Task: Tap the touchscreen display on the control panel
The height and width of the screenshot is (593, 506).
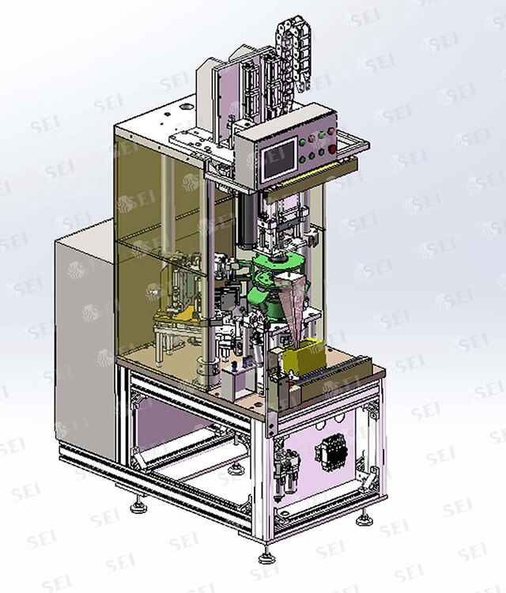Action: click(x=280, y=159)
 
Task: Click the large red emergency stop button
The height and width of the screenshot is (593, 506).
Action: click(x=332, y=149)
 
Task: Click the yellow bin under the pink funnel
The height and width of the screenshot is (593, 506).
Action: click(x=305, y=357)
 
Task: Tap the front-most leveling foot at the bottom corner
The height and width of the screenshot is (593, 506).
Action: click(x=266, y=557)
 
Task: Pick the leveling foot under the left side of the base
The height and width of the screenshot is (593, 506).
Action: click(x=138, y=506)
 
